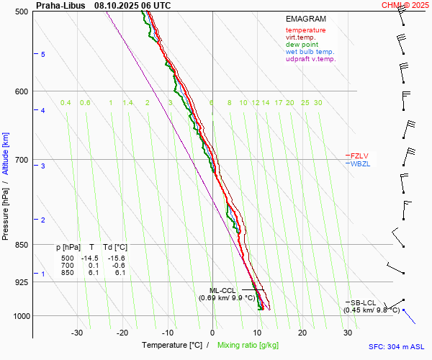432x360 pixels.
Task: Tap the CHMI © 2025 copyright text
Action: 405,5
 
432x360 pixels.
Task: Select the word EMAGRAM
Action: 305,19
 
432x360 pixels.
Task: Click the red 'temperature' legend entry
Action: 305,30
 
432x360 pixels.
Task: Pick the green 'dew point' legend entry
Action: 302,45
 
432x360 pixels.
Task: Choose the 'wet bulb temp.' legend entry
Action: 310,52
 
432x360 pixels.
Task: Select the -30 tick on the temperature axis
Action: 76,333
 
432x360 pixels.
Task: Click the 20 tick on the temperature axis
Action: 302,333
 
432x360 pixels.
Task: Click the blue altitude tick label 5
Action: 42,55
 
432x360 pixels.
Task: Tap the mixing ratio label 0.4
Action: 66,103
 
